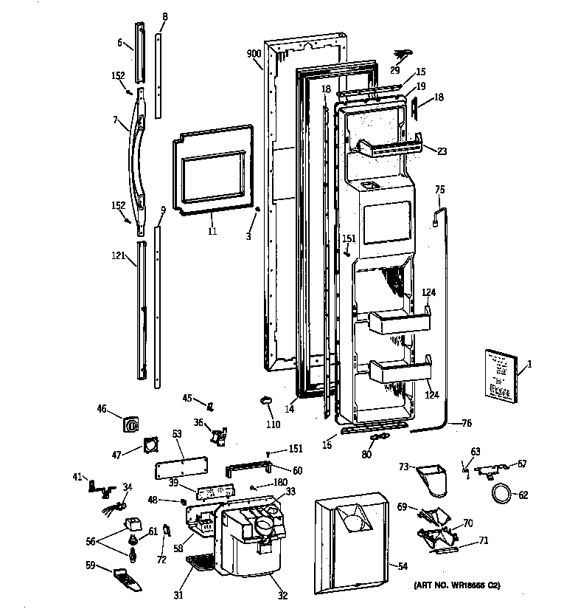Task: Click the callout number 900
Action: (x=254, y=54)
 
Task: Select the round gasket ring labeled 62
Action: (x=501, y=493)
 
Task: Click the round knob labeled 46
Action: (x=131, y=424)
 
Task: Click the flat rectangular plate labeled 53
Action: (x=181, y=468)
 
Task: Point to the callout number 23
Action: (x=442, y=151)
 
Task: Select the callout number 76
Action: (x=466, y=423)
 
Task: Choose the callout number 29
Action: (x=395, y=70)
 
